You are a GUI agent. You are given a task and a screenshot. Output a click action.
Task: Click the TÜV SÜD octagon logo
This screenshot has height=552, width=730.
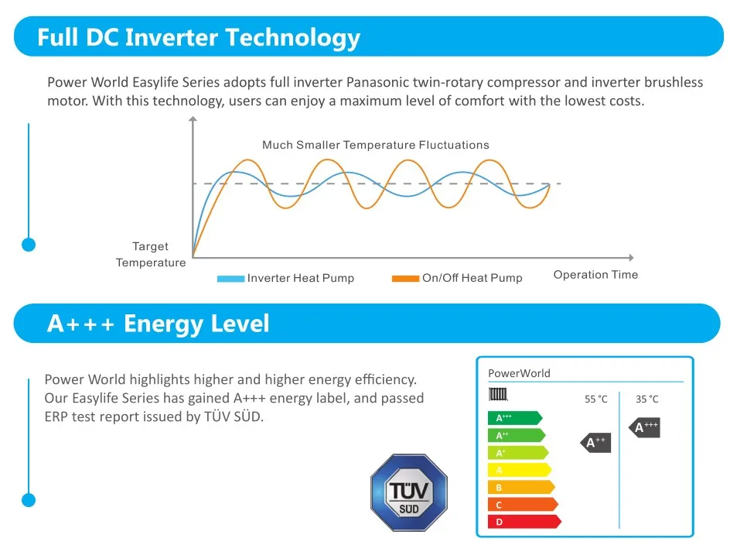[x=409, y=493]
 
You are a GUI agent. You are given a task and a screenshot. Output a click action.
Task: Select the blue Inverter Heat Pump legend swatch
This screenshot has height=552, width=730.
[x=230, y=279]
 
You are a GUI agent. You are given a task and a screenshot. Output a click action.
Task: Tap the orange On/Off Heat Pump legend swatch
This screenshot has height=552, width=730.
[x=405, y=279]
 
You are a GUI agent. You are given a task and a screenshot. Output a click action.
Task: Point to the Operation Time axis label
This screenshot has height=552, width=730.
[x=595, y=275]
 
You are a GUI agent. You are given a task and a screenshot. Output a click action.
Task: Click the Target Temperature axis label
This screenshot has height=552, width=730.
[x=151, y=255]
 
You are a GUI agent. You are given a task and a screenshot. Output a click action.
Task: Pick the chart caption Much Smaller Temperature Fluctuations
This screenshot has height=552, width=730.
[x=375, y=145]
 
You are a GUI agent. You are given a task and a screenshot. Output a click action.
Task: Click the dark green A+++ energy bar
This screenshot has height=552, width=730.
[x=513, y=418]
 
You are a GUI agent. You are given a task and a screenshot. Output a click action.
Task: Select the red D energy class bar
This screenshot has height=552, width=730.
[x=523, y=522]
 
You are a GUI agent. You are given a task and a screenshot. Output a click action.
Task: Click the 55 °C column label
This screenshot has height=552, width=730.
[x=595, y=399]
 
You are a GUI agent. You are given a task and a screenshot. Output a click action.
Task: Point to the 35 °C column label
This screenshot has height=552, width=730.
[x=647, y=399]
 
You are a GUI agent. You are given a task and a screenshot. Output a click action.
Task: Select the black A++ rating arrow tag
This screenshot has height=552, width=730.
[x=595, y=443]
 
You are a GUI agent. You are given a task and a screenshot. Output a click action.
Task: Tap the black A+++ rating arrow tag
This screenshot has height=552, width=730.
[x=645, y=427]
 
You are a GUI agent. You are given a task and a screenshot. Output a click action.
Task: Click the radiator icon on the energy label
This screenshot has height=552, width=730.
[x=498, y=394]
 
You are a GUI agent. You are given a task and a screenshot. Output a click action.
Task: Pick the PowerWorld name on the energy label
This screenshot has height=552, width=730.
[x=519, y=373]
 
